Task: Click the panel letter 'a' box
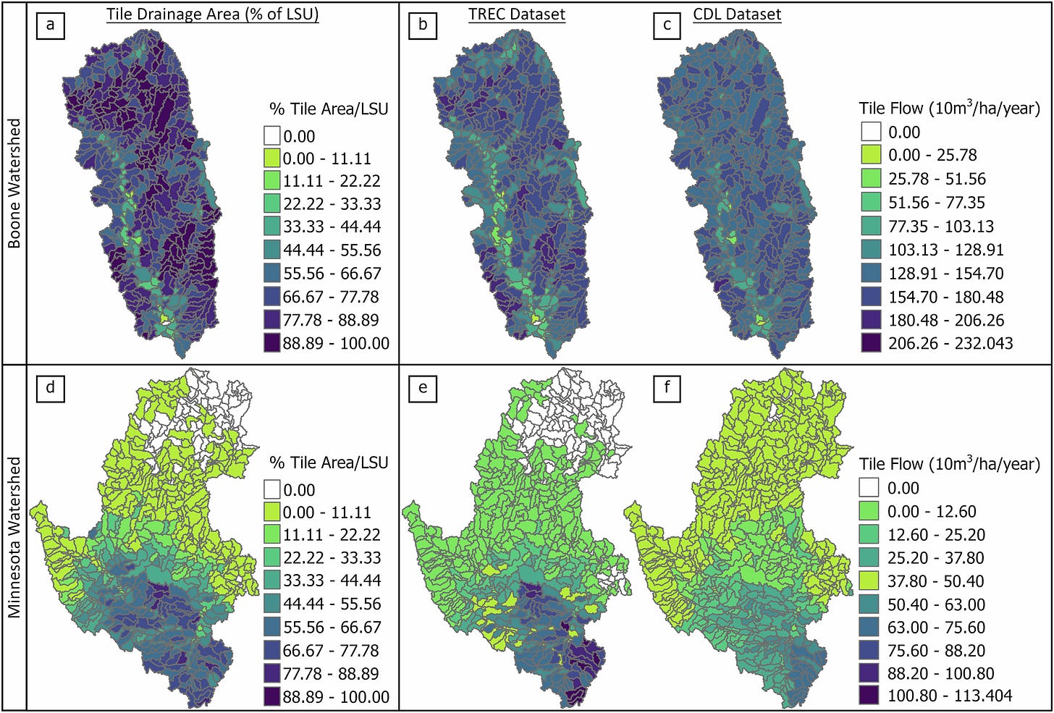pos(50,25)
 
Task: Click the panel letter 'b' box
pos(423,25)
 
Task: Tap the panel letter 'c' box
pos(667,25)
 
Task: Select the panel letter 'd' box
pos(50,387)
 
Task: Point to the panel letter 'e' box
pos(423,387)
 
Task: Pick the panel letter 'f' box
pos(667,387)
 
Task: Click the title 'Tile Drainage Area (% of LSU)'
pos(212,14)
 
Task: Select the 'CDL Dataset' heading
pos(737,14)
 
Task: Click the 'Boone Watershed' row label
pos(14,183)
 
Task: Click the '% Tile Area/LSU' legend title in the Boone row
pos(329,109)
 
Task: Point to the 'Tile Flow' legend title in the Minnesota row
pos(949,464)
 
